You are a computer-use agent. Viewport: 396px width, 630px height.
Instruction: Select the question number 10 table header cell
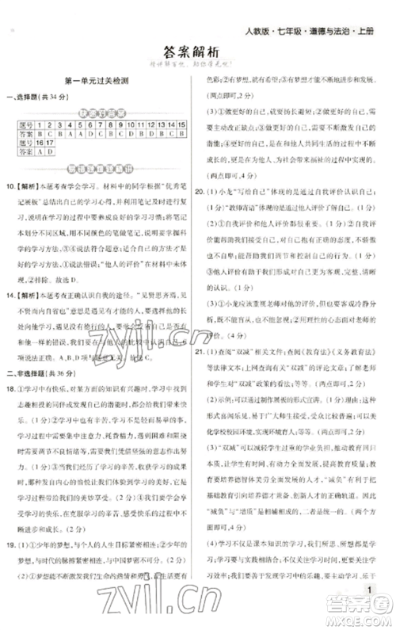pyautogui.click(x=131, y=124)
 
